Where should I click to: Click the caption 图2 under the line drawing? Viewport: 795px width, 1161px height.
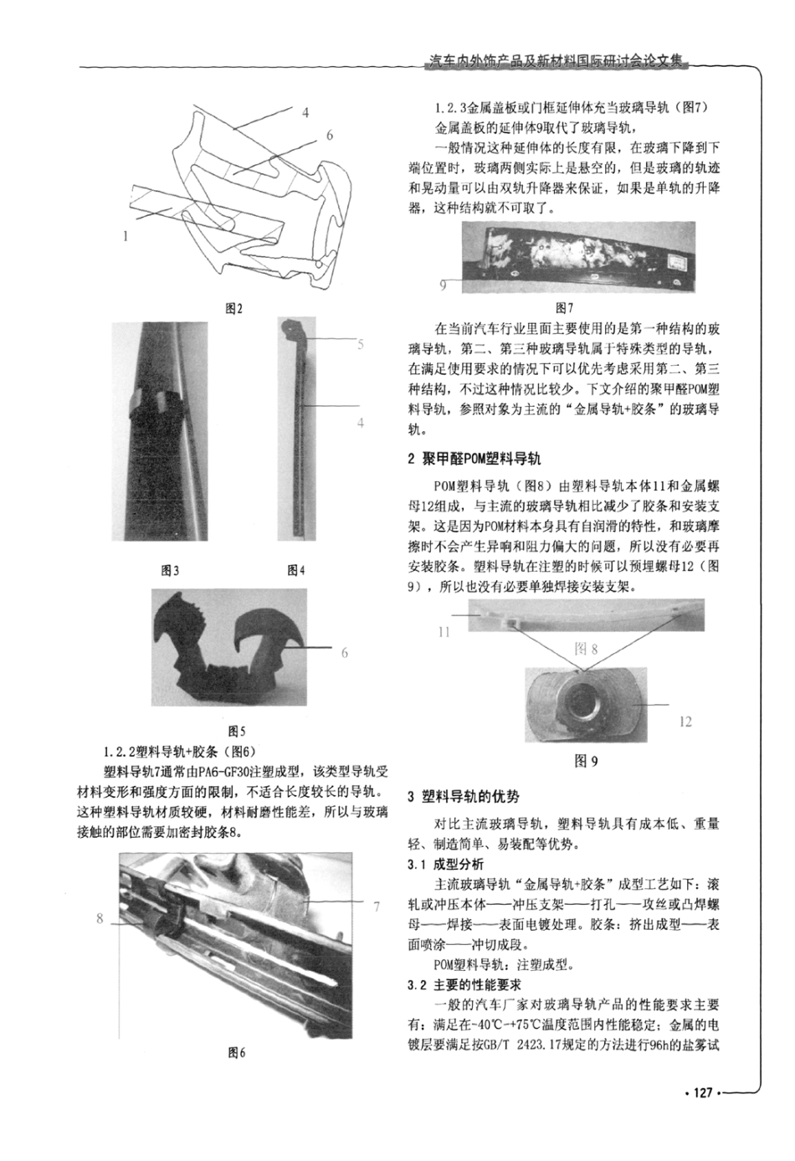tap(234, 309)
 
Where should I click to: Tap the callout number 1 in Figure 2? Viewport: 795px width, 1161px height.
tap(126, 236)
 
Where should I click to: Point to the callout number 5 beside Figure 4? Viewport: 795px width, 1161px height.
tap(361, 344)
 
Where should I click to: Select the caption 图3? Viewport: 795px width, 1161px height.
tap(170, 571)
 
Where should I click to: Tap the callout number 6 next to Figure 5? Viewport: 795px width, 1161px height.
tap(345, 653)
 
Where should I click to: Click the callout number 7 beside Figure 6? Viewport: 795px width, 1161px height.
tap(377, 906)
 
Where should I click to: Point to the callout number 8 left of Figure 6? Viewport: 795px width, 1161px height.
tap(99, 918)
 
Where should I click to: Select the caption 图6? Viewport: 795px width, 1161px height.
tap(237, 1053)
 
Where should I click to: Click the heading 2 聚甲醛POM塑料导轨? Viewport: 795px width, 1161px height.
tap(474, 459)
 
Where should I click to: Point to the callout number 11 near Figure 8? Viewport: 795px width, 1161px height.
tap(444, 632)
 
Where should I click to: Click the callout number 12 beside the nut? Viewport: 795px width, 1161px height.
tap(685, 722)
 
